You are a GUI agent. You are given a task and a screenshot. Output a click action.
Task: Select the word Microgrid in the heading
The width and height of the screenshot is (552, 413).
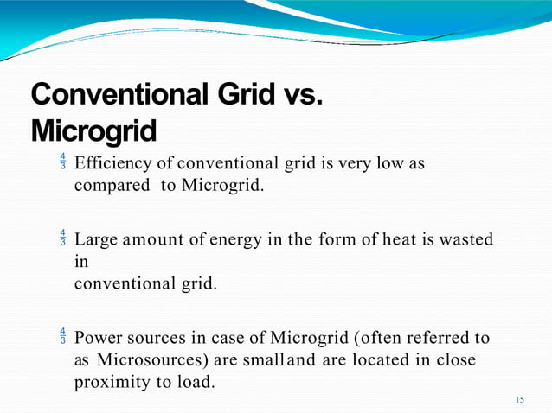tap(93, 131)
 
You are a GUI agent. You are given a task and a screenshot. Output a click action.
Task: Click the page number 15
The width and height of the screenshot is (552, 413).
tap(519, 399)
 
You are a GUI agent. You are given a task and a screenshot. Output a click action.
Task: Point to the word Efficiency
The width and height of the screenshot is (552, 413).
tap(112, 163)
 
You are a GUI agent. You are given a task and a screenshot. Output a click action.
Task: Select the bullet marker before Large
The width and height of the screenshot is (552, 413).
tap(63, 238)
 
